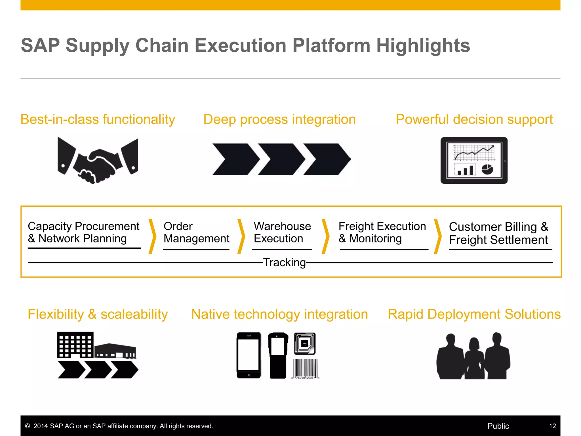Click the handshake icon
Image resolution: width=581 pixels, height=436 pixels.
coord(98,160)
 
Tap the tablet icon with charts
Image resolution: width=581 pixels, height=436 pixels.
coord(474,160)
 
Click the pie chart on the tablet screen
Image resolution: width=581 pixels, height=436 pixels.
coord(487,170)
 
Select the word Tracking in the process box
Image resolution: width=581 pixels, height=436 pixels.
coord(285,263)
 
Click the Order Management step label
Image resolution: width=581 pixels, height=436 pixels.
coord(196,232)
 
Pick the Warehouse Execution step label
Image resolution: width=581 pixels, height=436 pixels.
coord(282,232)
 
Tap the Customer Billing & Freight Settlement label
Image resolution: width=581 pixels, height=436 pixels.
coord(498,233)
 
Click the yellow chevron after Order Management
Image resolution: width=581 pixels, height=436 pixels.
coord(241,236)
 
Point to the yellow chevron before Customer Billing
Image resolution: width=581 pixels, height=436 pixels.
coord(438,236)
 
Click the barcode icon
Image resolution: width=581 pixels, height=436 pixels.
coord(305,369)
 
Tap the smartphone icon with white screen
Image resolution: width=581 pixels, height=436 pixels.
coord(249,355)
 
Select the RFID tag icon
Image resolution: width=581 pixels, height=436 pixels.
coord(305,343)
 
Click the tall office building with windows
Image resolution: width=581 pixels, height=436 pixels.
coord(75,345)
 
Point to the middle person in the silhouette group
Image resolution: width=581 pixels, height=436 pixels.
coord(474,359)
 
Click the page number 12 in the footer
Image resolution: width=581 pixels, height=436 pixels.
coord(552,426)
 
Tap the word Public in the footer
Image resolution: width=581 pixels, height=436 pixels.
coord(498,426)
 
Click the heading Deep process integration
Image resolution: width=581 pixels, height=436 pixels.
coord(279,120)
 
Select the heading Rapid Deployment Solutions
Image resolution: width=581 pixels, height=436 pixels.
coord(474,314)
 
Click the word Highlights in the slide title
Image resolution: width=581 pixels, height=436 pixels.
coord(423,46)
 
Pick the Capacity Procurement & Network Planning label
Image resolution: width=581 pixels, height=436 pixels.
coord(84,232)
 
